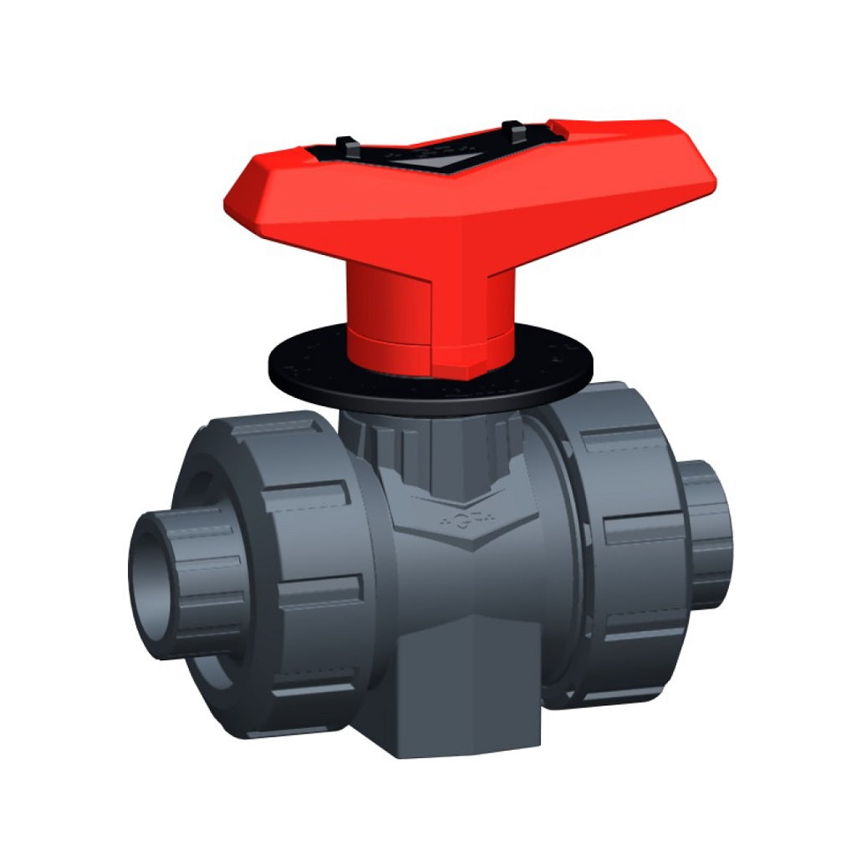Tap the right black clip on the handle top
coord(512,131)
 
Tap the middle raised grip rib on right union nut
coord(639,531)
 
